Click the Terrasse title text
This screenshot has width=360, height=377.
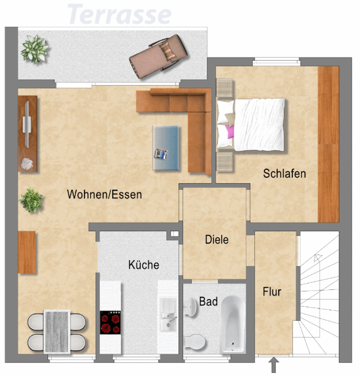[119, 14]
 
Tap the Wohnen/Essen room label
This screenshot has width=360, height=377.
[105, 194]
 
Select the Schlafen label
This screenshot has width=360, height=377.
[285, 174]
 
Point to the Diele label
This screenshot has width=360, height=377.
[216, 239]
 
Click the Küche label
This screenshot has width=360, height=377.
[144, 265]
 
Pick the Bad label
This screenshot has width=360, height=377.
[208, 302]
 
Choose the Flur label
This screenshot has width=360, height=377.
[272, 291]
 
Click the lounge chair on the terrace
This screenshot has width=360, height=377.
[158, 56]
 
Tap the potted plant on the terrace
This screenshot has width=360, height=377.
[34, 49]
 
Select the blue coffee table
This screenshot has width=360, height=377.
[166, 148]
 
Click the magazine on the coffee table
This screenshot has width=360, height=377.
[161, 154]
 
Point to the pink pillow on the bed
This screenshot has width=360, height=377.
[229, 132]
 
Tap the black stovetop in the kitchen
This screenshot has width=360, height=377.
[110, 322]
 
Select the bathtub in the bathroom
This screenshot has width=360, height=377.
[233, 324]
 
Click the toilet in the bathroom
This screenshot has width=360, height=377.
[195, 342]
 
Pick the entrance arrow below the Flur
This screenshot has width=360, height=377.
[274, 365]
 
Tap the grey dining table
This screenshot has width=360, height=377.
[57, 331]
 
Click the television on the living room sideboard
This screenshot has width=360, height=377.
[27, 124]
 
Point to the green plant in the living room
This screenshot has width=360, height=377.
[31, 200]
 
